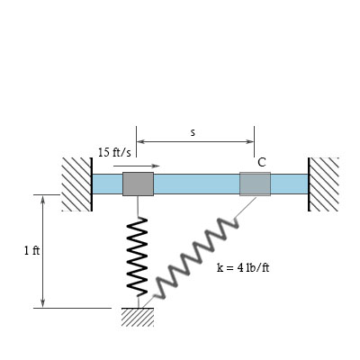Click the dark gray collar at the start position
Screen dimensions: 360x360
pyautogui.click(x=138, y=184)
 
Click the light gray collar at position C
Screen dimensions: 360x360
pyautogui.click(x=255, y=184)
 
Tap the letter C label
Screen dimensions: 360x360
pyautogui.click(x=262, y=162)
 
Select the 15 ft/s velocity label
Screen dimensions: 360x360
pyautogui.click(x=114, y=152)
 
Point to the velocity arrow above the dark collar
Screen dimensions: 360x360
pyautogui.click(x=137, y=166)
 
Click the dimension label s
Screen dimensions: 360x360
pyautogui.click(x=193, y=132)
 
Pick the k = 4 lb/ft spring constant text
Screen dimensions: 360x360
pyautogui.click(x=243, y=267)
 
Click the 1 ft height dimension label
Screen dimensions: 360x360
pyautogui.click(x=31, y=250)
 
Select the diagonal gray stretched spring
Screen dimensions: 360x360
pyautogui.click(x=196, y=258)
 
